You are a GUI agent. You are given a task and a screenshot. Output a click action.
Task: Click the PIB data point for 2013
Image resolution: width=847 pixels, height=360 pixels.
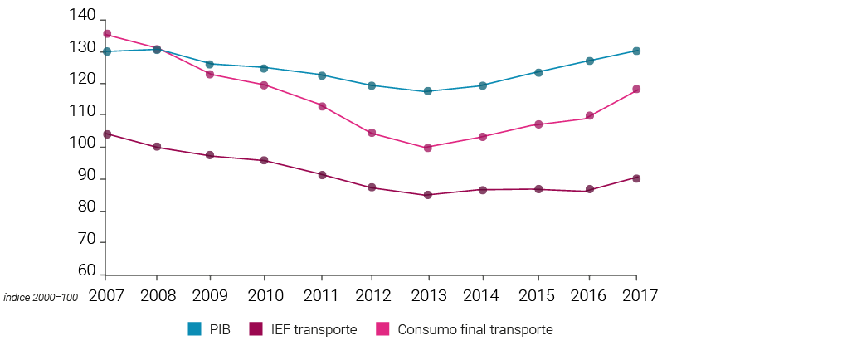428,91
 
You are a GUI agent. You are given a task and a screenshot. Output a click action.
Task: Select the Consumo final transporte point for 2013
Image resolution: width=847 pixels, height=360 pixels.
428,148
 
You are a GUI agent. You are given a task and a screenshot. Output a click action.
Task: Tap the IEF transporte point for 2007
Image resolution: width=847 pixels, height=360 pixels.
107,134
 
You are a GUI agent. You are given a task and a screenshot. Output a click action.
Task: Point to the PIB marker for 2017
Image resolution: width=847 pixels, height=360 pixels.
636,51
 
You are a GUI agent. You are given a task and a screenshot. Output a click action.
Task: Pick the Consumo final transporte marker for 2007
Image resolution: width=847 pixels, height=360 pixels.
107,34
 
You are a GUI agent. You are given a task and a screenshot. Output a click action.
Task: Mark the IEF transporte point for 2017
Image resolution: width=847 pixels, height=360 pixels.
636,178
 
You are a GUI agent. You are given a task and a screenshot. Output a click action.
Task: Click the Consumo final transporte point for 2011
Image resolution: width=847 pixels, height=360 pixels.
322,106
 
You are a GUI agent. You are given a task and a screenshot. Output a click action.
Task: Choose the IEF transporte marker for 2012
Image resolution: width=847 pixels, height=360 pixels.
372,187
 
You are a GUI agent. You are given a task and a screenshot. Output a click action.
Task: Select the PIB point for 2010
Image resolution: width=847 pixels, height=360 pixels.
264,68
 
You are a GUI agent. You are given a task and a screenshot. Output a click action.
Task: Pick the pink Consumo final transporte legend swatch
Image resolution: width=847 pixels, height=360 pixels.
384,329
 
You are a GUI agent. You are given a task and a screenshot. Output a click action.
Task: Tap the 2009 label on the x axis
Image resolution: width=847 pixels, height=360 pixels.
210,294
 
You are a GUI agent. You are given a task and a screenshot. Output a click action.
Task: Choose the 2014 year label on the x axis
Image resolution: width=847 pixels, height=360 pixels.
482,294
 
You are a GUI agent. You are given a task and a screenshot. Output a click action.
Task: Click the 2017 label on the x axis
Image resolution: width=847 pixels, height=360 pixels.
636,294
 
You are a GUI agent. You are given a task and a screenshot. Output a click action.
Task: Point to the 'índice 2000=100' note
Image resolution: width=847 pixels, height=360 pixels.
41,297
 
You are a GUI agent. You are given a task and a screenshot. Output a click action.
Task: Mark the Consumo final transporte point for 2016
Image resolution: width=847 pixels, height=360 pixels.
589,116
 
